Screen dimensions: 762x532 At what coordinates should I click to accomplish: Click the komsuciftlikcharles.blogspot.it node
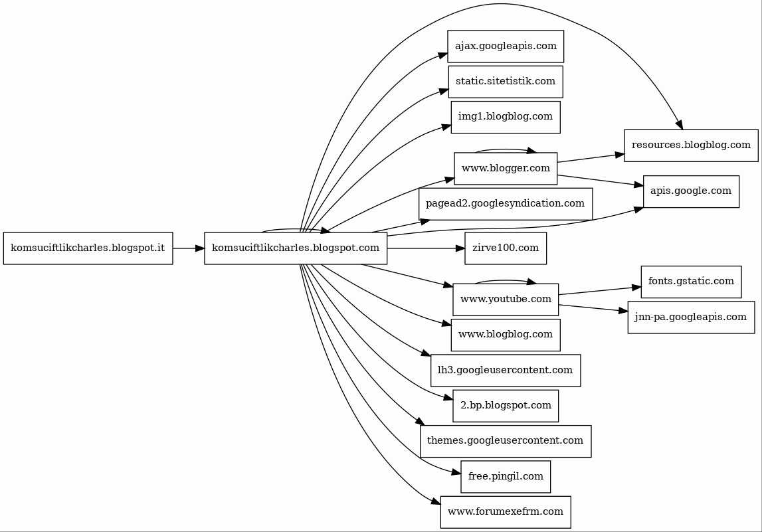(88, 248)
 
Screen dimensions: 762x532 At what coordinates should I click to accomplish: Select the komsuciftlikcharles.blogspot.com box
(296, 248)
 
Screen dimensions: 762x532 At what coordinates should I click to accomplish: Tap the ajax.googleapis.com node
(506, 46)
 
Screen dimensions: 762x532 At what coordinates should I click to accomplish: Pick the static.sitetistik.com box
(506, 82)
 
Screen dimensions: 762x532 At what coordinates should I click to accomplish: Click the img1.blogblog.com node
(506, 117)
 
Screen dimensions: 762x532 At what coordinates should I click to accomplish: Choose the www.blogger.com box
(506, 169)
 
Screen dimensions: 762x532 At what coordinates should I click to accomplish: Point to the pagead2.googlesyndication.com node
(506, 204)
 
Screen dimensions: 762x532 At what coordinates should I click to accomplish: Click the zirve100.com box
(506, 248)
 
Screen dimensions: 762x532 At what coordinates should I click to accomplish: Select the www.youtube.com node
(506, 300)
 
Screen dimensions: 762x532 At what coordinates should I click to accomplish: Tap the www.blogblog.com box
(506, 335)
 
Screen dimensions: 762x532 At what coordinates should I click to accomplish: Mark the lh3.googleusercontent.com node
(506, 370)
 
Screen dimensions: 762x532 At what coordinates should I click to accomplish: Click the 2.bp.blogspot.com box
(506, 406)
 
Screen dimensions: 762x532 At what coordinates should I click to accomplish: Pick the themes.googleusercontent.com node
(506, 441)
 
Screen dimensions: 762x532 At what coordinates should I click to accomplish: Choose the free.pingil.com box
(506, 477)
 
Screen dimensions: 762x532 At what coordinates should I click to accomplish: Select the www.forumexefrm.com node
(506, 512)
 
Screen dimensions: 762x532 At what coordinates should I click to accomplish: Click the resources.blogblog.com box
(691, 145)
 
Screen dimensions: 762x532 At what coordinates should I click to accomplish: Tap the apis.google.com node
(691, 191)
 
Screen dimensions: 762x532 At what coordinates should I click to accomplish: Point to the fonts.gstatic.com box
(691, 282)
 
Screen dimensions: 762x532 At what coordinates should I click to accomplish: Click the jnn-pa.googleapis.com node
(691, 317)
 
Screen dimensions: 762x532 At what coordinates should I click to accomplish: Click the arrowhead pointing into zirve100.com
(460, 248)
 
